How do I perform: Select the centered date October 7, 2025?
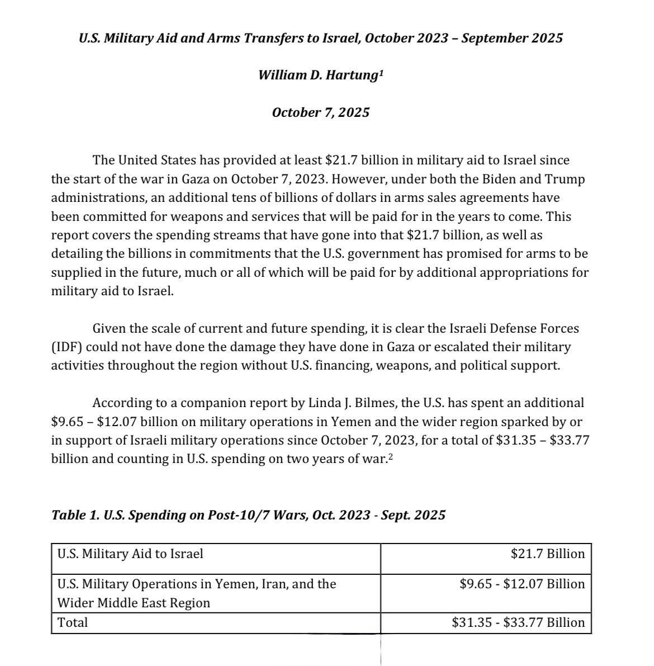click(321, 112)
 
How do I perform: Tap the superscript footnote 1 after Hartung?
click(381, 72)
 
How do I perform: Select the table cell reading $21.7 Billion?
click(547, 554)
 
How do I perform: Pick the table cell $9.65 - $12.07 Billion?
click(522, 584)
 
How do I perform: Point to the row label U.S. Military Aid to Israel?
click(130, 554)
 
